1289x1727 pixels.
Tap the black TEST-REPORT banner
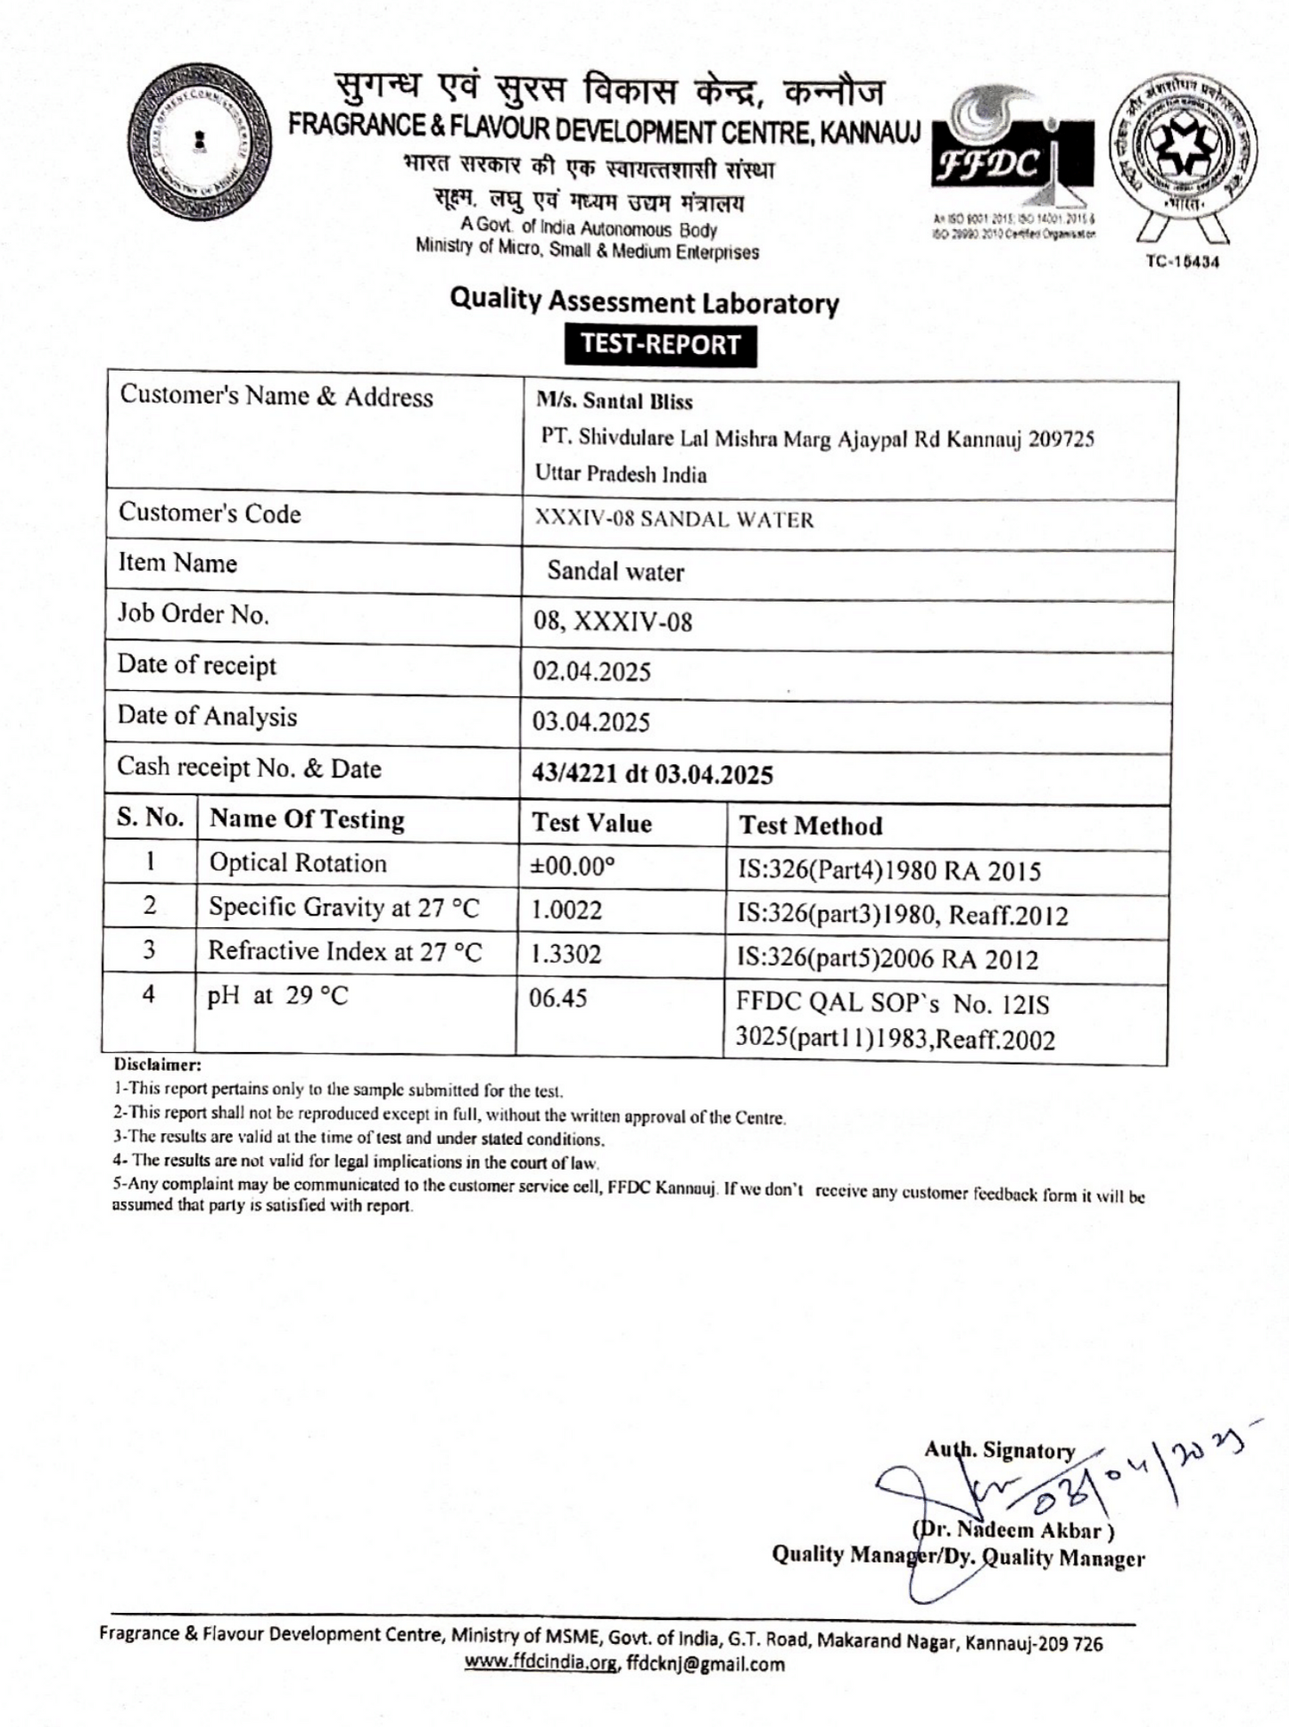(660, 345)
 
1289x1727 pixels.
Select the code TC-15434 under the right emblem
(1181, 261)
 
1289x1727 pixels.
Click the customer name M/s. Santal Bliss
(614, 401)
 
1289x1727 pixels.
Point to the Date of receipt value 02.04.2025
(591, 671)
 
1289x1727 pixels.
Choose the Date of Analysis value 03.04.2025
(591, 721)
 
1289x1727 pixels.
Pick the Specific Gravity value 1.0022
(566, 910)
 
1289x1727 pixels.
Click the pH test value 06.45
(558, 998)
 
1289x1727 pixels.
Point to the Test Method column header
(810, 826)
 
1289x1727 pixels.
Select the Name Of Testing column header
(306, 819)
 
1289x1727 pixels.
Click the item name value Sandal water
(616, 572)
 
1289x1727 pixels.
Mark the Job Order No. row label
(193, 613)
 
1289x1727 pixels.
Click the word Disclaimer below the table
(158, 1065)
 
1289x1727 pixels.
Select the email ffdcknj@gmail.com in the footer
(705, 1664)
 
